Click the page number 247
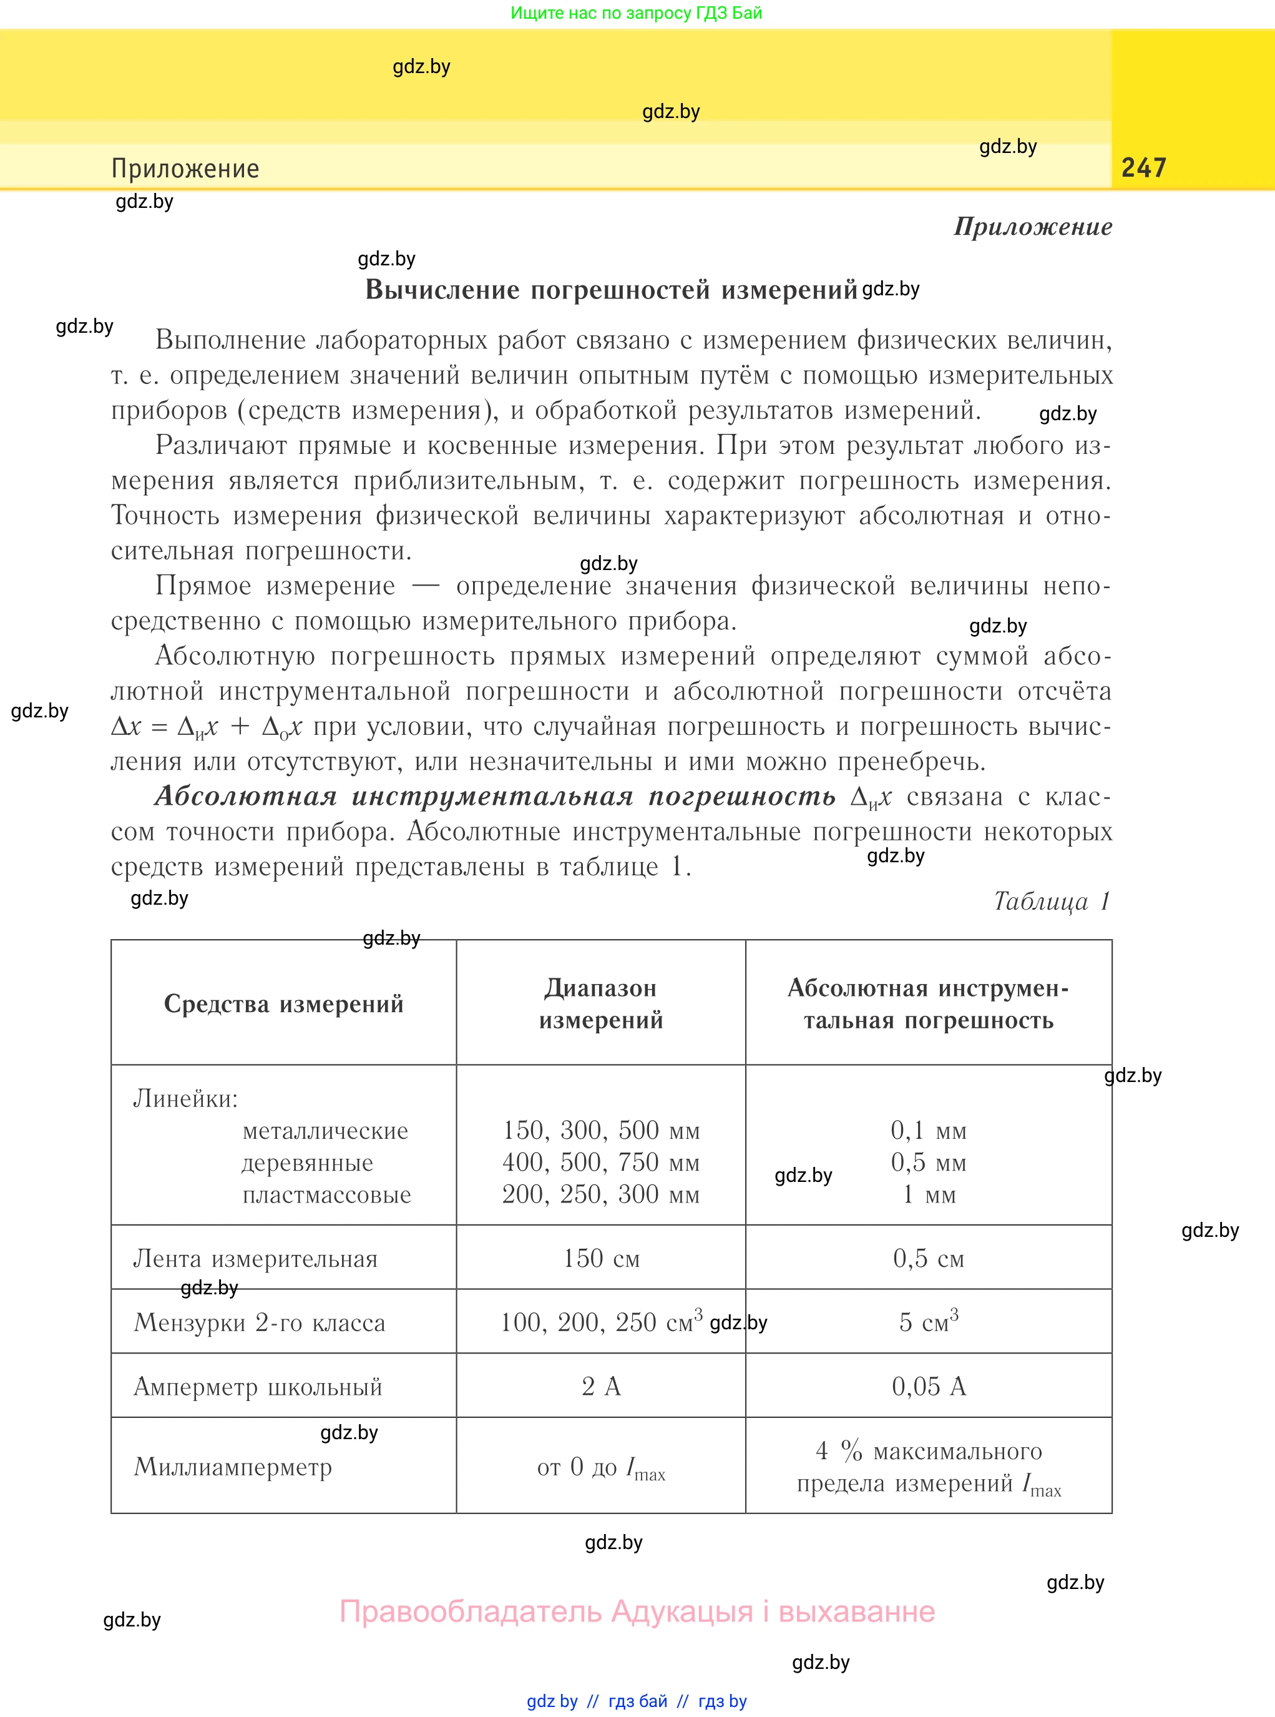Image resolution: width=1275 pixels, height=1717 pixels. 1143,167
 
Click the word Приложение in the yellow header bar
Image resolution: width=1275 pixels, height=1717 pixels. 185,169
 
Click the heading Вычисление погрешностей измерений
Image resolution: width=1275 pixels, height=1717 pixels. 610,290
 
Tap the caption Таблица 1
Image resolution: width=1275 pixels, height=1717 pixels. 1051,901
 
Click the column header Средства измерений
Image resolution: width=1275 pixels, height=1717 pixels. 283,1003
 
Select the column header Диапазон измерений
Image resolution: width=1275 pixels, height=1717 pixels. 600,1003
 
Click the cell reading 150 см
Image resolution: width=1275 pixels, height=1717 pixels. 600,1259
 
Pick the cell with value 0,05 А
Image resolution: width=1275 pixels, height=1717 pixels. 929,1387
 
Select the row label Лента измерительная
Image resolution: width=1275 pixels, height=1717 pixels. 255,1259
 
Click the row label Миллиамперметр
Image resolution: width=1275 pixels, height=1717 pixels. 232,1466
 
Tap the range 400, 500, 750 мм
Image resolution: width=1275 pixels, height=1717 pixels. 600,1162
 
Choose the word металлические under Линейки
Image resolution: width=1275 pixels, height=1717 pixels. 325,1130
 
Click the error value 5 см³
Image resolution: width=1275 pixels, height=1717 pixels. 929,1322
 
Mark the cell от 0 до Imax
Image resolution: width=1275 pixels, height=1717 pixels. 600,1467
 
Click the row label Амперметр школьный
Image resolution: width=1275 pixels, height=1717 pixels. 258,1387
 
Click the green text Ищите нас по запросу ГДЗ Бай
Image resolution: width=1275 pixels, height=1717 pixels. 636,13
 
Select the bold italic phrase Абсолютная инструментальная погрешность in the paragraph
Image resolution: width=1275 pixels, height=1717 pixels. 495,796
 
